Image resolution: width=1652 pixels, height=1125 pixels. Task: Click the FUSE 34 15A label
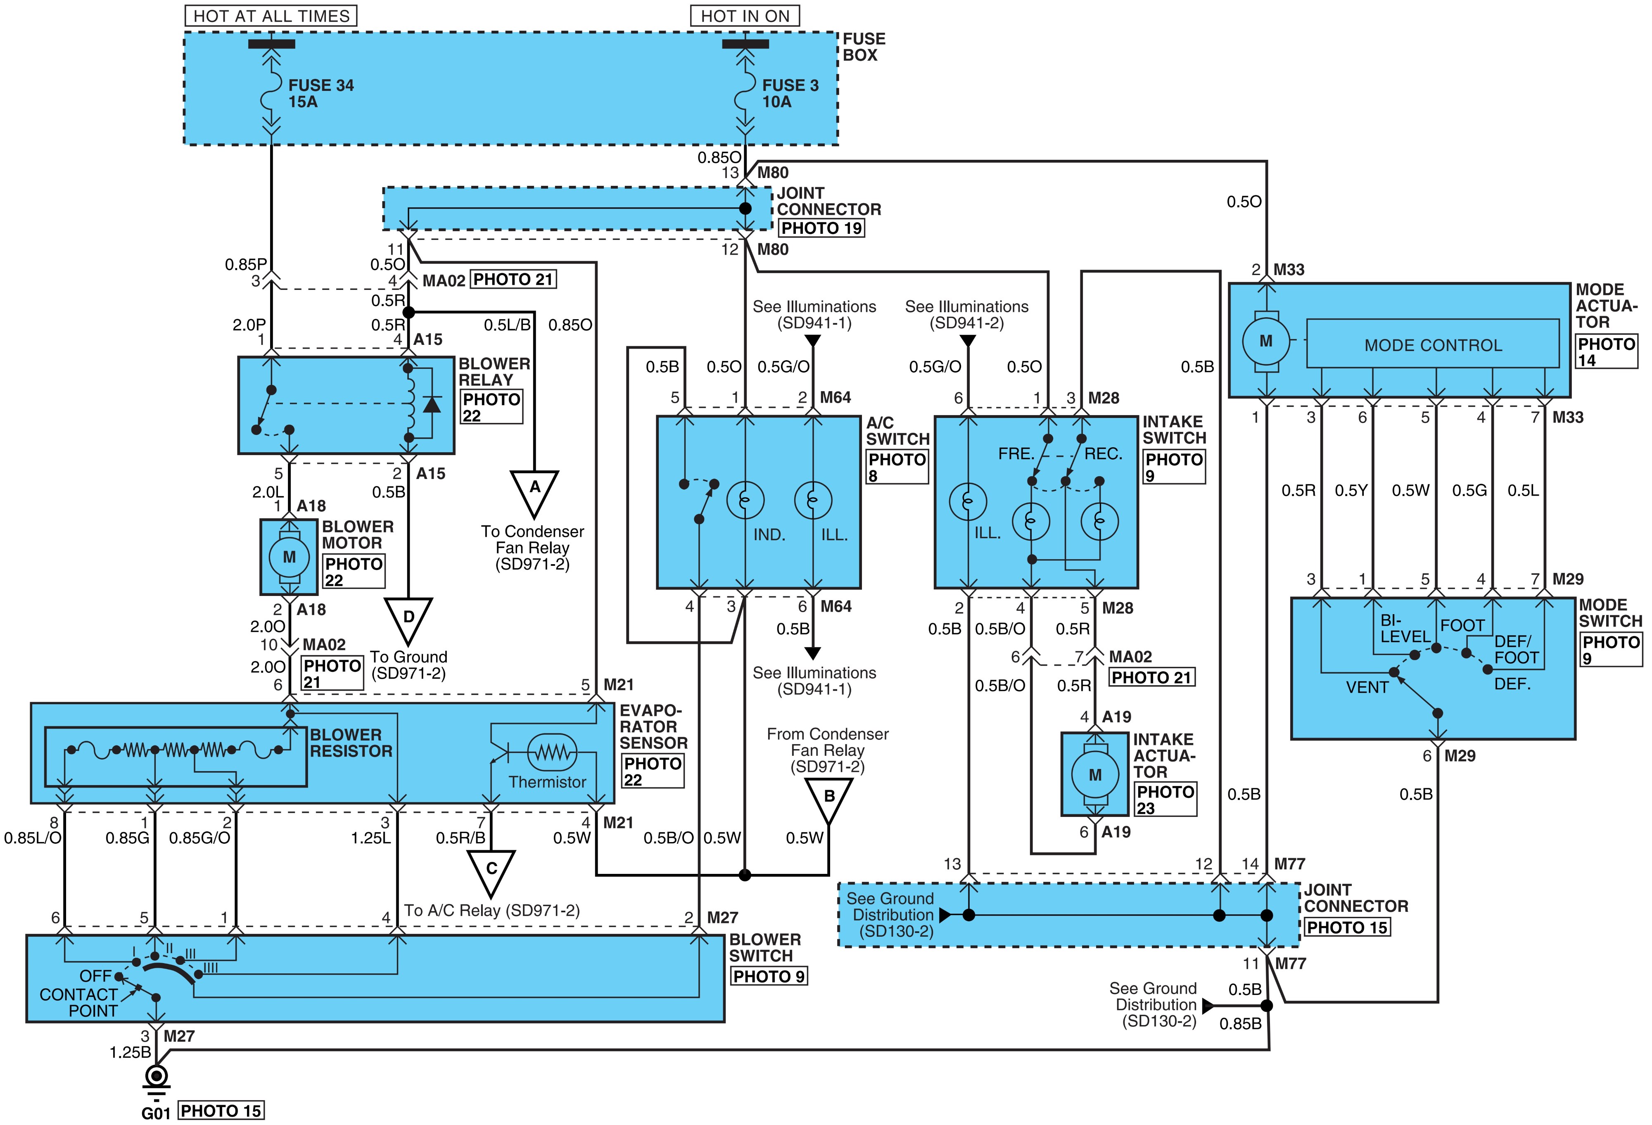point(320,93)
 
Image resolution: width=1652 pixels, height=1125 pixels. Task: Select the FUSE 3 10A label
point(790,93)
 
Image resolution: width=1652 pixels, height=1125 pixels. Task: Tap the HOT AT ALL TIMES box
point(271,16)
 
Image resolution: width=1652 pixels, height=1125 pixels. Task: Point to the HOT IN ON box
point(745,16)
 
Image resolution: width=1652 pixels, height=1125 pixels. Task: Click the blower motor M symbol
point(290,556)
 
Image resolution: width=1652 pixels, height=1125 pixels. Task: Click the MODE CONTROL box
point(1433,345)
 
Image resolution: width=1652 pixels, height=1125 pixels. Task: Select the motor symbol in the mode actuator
point(1266,341)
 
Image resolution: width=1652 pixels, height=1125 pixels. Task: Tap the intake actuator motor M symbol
point(1095,775)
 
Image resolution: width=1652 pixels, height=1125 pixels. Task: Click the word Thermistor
point(547,782)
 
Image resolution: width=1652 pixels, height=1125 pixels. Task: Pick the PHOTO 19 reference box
point(822,228)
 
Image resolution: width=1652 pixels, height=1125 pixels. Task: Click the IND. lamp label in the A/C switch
point(769,534)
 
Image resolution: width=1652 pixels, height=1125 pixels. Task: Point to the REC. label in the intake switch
point(1103,453)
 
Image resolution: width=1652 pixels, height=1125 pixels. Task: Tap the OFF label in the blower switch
point(95,976)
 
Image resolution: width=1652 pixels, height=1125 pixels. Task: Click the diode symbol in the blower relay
point(431,403)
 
